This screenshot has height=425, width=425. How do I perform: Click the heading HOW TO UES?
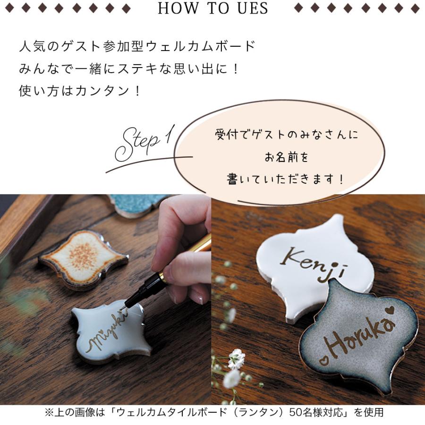coord(212,8)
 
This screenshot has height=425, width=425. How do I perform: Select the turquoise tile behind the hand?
coord(137,204)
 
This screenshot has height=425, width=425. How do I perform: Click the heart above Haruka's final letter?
coord(389,310)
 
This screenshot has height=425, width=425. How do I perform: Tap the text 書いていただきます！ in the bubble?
coord(286,180)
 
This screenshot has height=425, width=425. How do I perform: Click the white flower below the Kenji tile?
coord(236,359)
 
